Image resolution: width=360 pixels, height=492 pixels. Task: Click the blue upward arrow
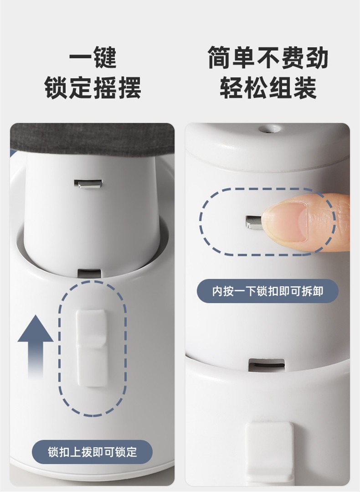(36, 345)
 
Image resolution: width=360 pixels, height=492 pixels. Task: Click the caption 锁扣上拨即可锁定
(93, 452)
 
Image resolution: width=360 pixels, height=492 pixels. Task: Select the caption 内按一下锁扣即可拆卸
(267, 291)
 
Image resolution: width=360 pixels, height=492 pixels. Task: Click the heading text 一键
(93, 57)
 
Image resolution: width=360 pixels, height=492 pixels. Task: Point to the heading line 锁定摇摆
(93, 88)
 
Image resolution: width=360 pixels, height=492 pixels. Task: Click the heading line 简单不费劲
(267, 57)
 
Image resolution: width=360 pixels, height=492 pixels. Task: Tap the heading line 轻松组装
(267, 88)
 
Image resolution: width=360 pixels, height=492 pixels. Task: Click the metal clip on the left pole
(88, 184)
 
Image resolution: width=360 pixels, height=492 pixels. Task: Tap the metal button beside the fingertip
(254, 222)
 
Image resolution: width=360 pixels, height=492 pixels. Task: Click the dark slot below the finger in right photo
(267, 365)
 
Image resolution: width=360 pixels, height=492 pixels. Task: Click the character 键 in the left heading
(105, 57)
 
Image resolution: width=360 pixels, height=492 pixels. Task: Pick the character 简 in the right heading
(219, 57)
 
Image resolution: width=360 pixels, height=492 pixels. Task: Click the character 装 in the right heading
(304, 88)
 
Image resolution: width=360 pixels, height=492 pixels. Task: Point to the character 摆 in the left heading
(129, 88)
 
